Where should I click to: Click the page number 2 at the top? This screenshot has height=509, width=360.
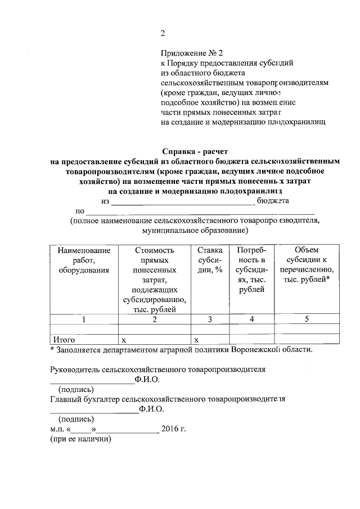click(x=163, y=33)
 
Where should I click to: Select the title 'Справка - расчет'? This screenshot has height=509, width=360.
click(x=195, y=151)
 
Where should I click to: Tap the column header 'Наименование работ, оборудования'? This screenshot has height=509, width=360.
click(x=83, y=260)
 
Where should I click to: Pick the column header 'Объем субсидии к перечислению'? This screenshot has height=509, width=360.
click(x=307, y=264)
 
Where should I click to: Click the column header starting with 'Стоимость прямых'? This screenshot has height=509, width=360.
click(x=155, y=279)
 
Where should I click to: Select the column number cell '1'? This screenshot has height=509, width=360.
click(x=83, y=319)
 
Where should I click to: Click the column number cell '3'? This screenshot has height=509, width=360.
click(x=209, y=319)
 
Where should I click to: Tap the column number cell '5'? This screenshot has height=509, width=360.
click(x=307, y=319)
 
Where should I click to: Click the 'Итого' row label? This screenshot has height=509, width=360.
click(x=64, y=339)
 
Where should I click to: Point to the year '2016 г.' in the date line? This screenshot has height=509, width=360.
click(x=173, y=429)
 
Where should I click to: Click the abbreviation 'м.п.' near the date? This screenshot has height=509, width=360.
click(x=57, y=429)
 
